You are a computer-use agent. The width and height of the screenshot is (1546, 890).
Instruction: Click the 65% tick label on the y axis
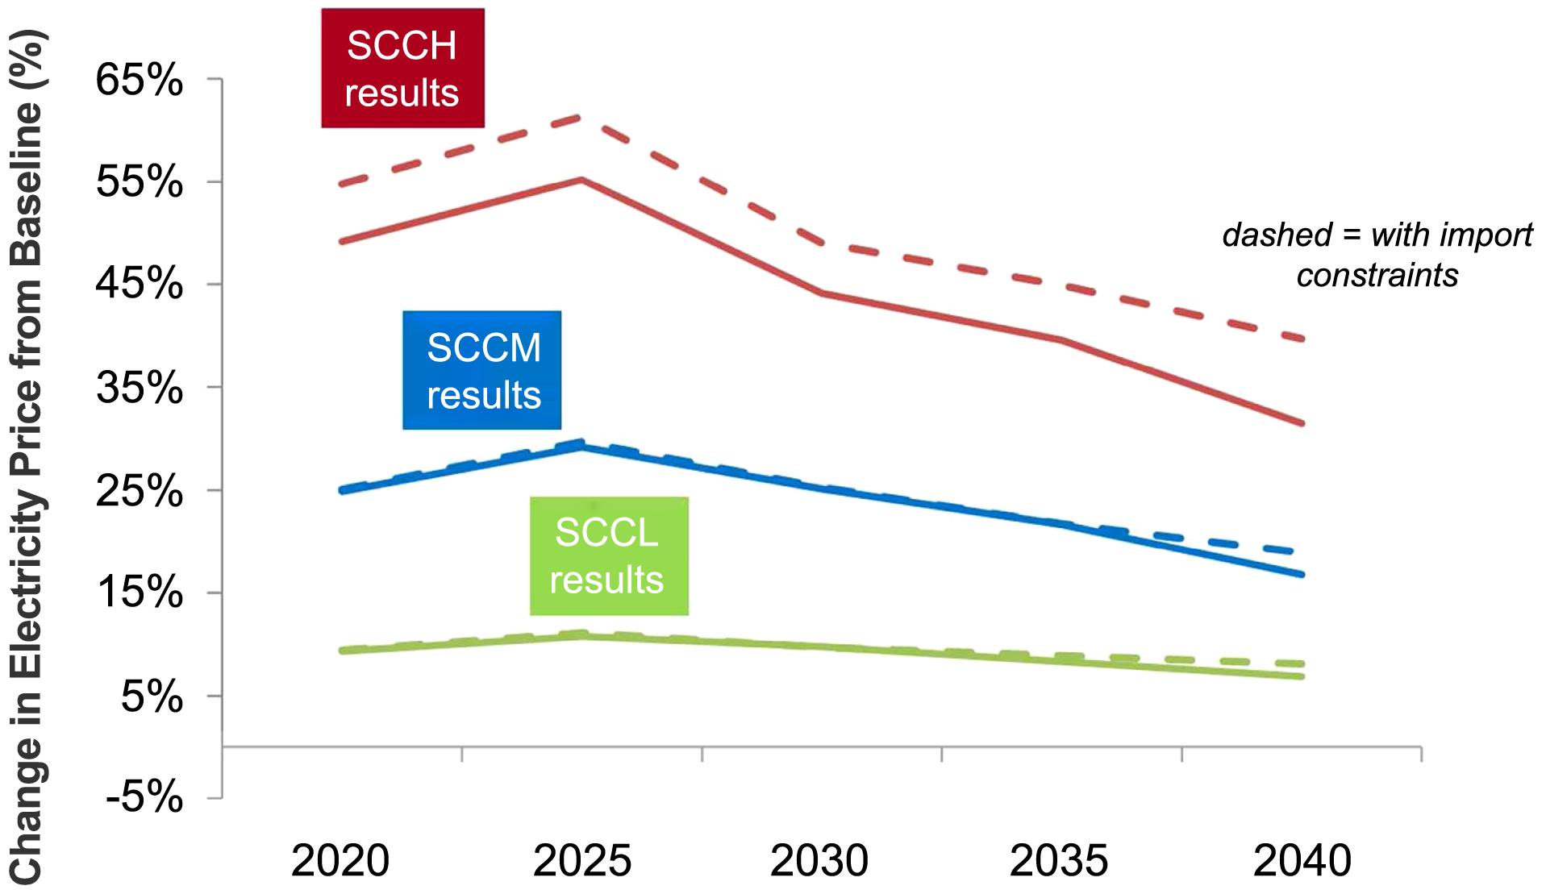coord(140,80)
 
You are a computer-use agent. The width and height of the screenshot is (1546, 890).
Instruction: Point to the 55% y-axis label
coord(140,181)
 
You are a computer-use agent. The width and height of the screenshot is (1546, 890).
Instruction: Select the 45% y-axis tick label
coord(140,284)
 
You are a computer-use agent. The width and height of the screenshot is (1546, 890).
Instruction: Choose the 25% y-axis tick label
coord(140,490)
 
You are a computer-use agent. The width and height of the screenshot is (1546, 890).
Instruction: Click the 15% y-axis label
coord(140,593)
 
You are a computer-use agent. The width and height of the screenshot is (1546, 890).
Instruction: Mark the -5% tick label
coord(144,797)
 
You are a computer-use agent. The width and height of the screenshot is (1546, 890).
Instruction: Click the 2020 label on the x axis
coord(340,861)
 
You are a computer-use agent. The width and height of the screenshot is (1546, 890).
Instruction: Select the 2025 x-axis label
coord(581,861)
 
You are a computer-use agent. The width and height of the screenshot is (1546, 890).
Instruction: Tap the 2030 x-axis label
coord(819,861)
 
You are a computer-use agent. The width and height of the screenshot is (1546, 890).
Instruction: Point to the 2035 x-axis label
coord(1058,861)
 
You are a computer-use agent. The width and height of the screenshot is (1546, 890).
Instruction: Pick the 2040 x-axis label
coord(1302,861)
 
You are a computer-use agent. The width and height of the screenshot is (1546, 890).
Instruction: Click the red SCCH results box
coord(402,69)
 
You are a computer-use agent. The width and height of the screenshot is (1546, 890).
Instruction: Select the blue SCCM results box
coord(482,371)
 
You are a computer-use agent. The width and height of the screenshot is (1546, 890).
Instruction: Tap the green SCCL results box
coord(609,556)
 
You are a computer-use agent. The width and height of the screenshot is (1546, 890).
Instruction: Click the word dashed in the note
coord(1277,235)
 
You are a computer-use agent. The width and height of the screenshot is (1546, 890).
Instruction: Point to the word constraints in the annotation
coord(1377,276)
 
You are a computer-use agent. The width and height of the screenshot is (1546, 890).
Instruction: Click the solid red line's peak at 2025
coord(581,180)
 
